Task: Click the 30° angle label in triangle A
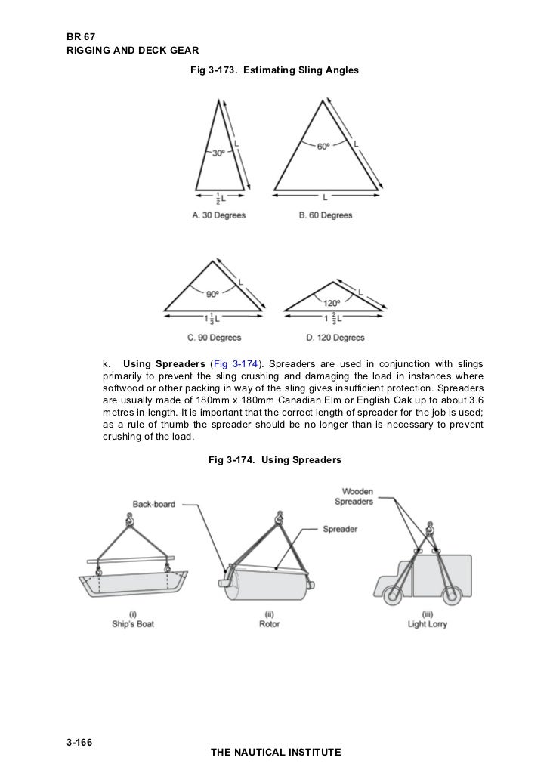coord(219,152)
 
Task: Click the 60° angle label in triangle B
coord(323,147)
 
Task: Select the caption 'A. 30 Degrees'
coord(219,215)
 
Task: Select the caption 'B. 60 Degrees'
coord(326,215)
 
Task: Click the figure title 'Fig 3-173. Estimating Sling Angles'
coord(274,70)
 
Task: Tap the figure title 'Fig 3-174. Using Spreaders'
coord(274,459)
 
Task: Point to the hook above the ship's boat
coord(129,521)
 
